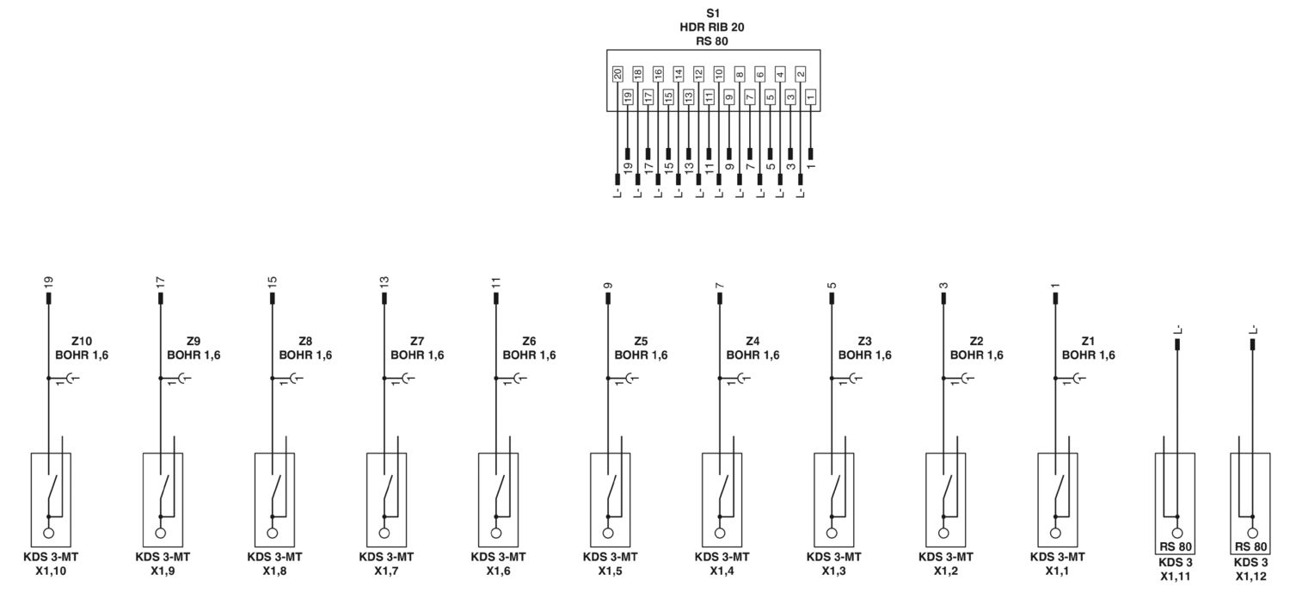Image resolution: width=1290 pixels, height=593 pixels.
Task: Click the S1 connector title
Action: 713,13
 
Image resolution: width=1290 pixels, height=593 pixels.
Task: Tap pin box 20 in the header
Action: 617,74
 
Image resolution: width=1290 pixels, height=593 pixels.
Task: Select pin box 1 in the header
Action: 811,96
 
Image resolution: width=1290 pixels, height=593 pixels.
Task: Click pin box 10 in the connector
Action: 719,74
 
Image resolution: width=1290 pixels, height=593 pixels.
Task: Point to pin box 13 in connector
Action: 689,96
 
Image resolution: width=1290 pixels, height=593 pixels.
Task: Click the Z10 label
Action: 82,341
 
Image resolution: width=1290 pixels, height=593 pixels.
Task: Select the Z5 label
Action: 641,341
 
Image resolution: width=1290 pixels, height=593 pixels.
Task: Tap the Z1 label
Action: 1088,341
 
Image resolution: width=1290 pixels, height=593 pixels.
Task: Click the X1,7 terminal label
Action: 386,571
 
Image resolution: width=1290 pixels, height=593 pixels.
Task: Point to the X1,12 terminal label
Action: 1250,577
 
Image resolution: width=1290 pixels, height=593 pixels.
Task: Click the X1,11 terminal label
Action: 1176,577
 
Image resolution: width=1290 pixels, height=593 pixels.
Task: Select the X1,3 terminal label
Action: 834,571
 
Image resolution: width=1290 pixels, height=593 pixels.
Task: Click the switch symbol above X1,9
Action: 164,495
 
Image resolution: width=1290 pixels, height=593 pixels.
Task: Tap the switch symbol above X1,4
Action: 723,495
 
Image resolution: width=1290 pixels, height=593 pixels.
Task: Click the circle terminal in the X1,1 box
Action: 1055,533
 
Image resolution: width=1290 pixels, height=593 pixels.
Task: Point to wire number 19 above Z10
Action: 48,281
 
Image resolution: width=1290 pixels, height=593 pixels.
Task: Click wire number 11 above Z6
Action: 496,281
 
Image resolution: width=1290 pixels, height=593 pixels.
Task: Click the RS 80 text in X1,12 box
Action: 1250,547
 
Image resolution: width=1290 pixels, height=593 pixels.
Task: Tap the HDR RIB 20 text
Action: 712,27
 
